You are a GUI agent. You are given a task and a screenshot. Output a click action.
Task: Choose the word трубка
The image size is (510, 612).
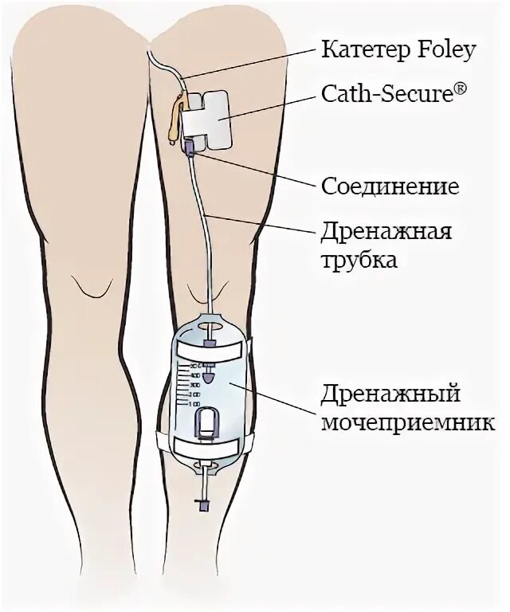coord(359,260)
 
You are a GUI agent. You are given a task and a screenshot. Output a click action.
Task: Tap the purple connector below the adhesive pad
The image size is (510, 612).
coord(191,148)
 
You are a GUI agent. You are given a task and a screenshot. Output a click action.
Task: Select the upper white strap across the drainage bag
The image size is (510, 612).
coord(210,351)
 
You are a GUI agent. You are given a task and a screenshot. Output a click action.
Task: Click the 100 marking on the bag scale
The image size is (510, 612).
coord(194,405)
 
